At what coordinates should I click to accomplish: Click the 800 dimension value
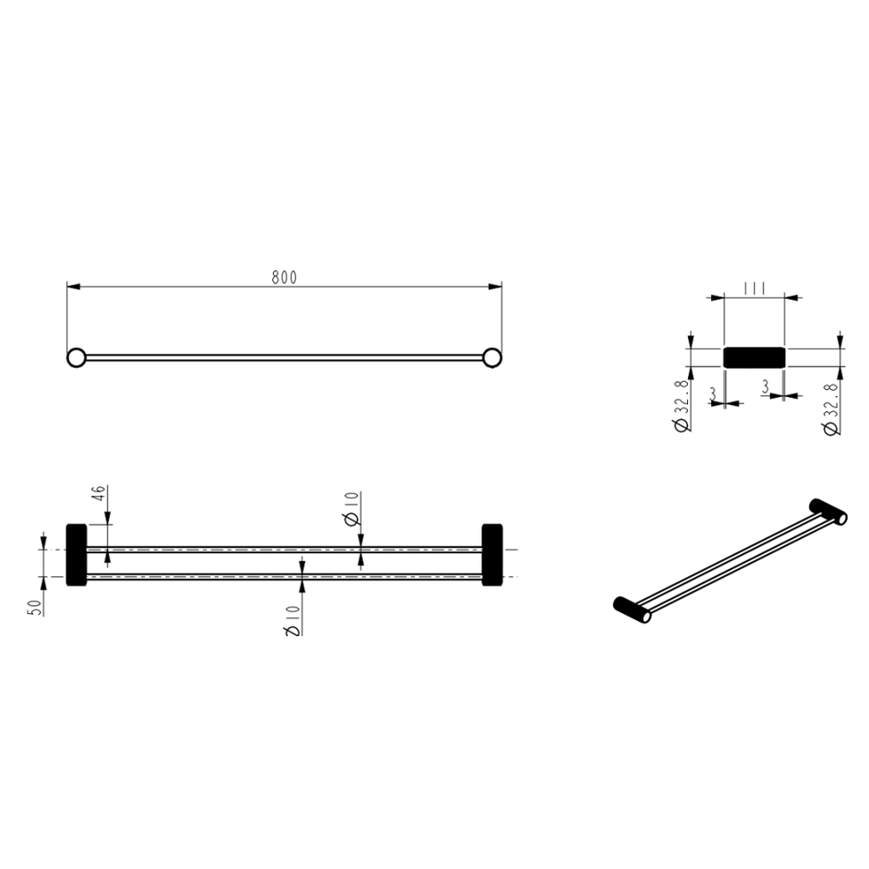pyautogui.click(x=284, y=277)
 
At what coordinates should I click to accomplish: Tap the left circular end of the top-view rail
pyautogui.click(x=77, y=358)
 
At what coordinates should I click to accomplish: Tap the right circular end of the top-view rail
pyautogui.click(x=491, y=358)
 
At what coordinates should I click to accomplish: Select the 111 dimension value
pyautogui.click(x=755, y=289)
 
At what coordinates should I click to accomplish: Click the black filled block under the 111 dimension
pyautogui.click(x=754, y=357)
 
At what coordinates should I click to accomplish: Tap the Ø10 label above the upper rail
pyautogui.click(x=352, y=509)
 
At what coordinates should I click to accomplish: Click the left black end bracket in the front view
pyautogui.click(x=76, y=554)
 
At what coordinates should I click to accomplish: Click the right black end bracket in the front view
pyautogui.click(x=492, y=554)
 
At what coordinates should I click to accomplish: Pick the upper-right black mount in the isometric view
pyautogui.click(x=828, y=511)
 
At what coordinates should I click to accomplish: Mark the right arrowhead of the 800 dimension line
pyautogui.click(x=495, y=287)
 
